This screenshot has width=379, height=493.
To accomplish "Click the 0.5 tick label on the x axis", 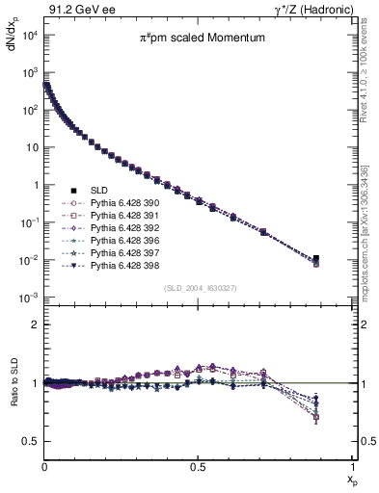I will coord(198,465).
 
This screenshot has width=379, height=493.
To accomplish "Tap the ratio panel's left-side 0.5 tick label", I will coord(30,441).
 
